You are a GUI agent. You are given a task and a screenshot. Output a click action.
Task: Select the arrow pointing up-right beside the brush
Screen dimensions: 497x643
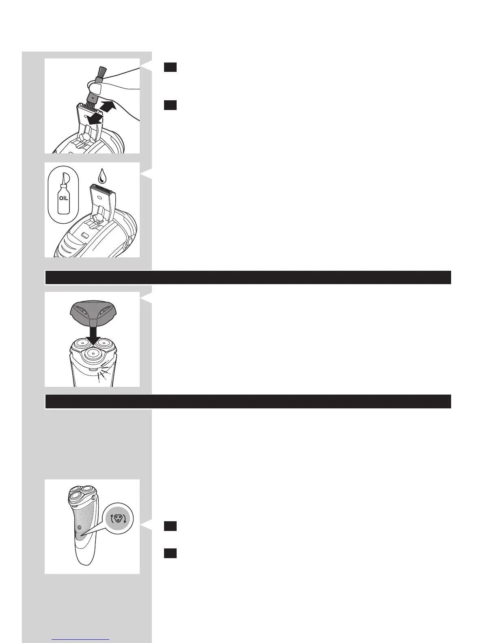pyautogui.click(x=108, y=106)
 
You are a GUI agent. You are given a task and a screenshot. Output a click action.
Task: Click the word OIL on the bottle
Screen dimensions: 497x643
pyautogui.click(x=64, y=198)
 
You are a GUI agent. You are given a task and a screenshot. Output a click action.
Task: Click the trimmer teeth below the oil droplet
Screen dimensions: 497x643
pyautogui.click(x=103, y=187)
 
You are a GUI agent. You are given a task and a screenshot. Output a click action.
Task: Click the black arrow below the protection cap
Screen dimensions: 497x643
pyautogui.click(x=93, y=336)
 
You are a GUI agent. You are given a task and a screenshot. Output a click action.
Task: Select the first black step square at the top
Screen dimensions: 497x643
pyautogui.click(x=170, y=67)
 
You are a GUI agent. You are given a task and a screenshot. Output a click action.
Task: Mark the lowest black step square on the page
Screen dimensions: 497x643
pyautogui.click(x=170, y=553)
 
